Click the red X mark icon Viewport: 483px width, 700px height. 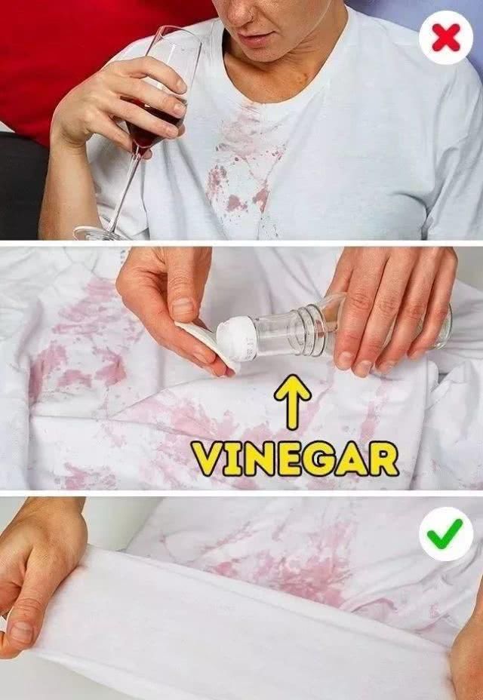tap(446, 38)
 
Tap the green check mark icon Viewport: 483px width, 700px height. tap(446, 533)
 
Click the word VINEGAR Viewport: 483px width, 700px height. tap(295, 459)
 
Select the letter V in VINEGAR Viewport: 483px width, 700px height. tap(207, 459)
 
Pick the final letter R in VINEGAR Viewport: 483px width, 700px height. tap(383, 459)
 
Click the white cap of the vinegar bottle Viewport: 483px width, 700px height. tap(236, 339)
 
